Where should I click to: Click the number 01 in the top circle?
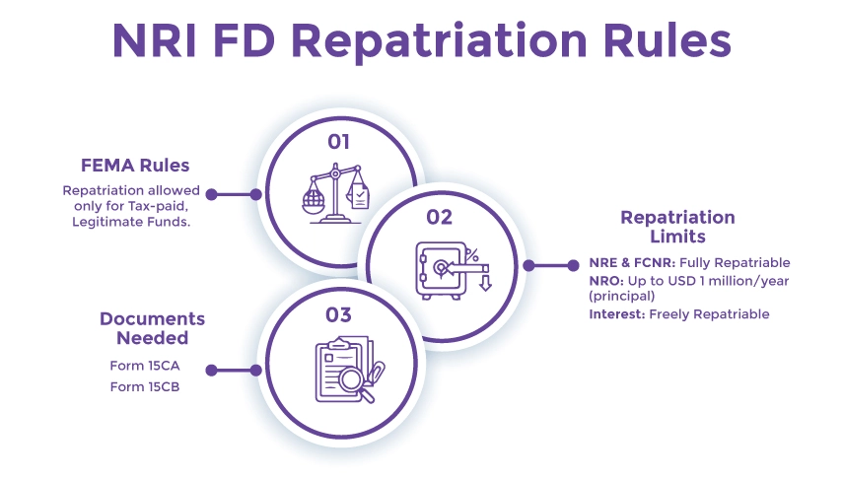338,142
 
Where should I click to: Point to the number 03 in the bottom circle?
338,315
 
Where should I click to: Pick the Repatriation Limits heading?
677,227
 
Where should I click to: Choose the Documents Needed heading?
153,328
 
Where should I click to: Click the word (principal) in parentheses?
622,296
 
